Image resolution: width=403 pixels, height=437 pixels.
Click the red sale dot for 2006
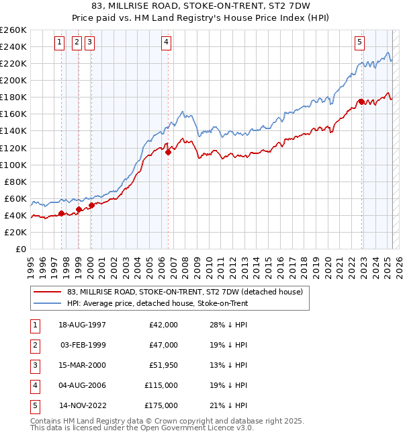tap(168, 152)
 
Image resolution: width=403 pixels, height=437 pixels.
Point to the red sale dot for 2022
tap(361, 102)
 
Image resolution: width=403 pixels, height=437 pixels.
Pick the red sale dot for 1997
tap(61, 214)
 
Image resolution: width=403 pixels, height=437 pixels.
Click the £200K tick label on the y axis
tap(13, 80)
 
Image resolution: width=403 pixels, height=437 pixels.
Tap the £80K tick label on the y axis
tap(15, 182)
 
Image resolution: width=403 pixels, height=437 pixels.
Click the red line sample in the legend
tap(47, 292)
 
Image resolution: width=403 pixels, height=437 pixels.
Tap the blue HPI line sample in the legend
tap(47, 303)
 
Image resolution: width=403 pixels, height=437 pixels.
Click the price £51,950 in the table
tap(163, 365)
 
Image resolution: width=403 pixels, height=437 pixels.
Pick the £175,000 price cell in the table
tap(161, 405)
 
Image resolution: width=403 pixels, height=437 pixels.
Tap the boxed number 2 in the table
tap(34, 345)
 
